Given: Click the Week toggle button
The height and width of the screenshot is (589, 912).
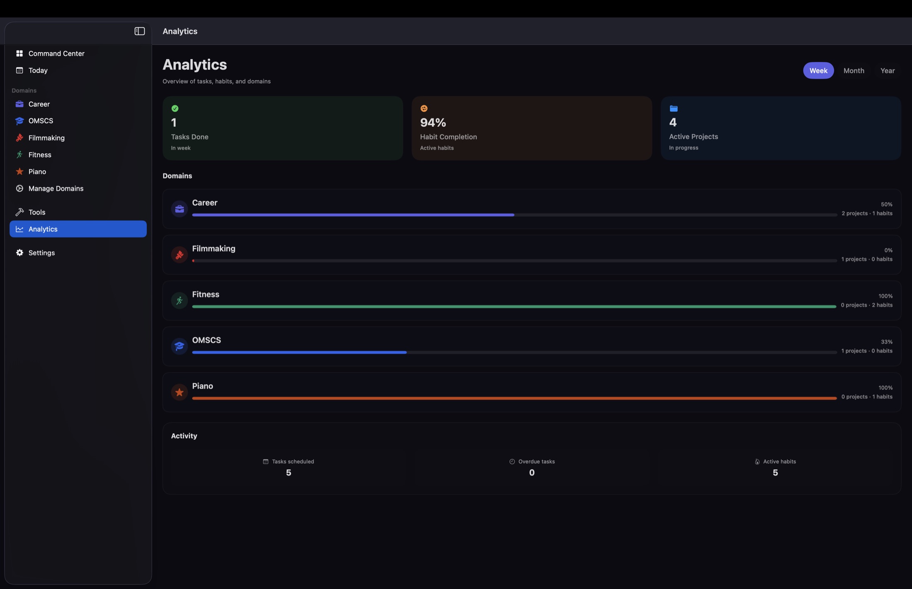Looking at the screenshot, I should point(818,70).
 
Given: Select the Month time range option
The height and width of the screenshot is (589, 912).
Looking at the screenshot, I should point(854,70).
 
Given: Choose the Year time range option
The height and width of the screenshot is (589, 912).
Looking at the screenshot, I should point(887,70).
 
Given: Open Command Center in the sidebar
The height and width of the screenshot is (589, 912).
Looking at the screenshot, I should point(56,53).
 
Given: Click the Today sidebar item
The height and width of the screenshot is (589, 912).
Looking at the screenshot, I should point(38,70).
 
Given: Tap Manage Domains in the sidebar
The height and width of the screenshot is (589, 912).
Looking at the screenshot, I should point(56,188).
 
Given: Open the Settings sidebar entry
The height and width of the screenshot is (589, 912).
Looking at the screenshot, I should point(41,253).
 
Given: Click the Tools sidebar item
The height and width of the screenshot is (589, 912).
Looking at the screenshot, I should point(36,212).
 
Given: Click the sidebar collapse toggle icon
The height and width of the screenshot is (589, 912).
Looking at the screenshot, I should point(139,31).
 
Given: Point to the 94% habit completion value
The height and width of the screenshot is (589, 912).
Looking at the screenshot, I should point(433,123).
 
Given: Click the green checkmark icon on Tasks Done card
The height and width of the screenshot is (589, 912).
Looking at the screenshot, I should point(175,109).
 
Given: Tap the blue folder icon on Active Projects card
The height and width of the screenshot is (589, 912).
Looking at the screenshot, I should point(674,109).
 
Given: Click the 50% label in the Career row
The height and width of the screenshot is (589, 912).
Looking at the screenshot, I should point(886,205).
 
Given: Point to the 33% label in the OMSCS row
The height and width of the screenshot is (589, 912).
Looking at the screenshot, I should point(886,342).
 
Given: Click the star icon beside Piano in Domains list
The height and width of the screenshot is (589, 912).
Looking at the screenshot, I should point(179,392).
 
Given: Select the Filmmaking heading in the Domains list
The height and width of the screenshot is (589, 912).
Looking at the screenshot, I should point(213,249).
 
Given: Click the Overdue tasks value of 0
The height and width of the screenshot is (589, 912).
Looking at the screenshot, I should point(531,473).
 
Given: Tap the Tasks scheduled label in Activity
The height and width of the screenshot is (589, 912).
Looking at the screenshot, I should point(293,461).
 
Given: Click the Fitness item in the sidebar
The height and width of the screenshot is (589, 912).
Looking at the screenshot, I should point(40,155).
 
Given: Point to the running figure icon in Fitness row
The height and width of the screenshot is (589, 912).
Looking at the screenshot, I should point(179,301).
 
